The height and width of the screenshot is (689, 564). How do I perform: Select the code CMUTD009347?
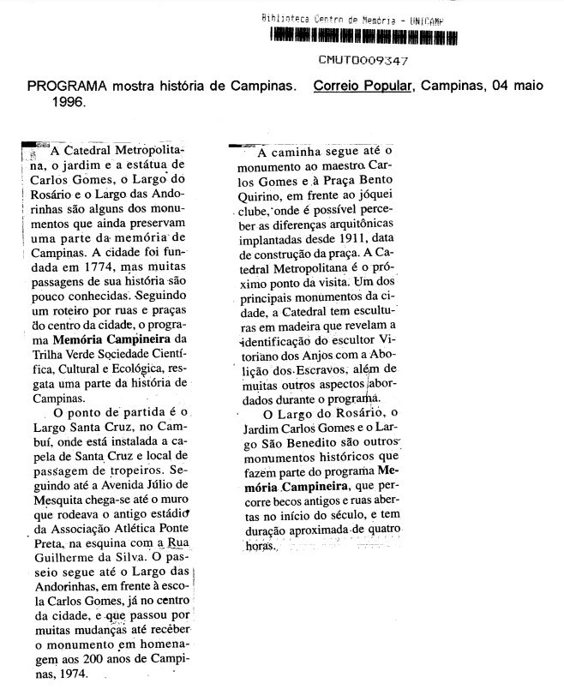click(x=363, y=61)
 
